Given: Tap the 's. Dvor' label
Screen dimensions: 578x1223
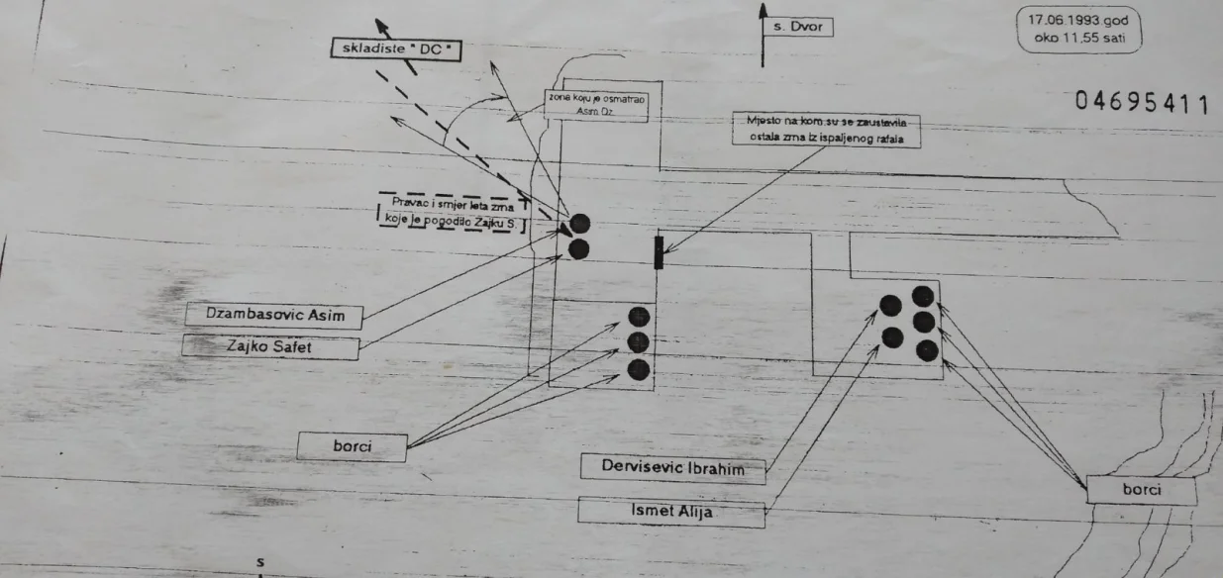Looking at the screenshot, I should tap(797, 28).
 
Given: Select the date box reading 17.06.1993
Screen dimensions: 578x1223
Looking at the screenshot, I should tap(1078, 21).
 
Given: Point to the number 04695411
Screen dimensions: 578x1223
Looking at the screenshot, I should tap(1140, 103).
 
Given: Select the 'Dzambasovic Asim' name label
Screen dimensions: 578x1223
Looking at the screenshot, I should tap(272, 316).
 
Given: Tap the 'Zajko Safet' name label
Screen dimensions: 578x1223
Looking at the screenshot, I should tap(272, 346).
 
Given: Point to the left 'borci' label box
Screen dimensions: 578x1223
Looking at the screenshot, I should tap(352, 446).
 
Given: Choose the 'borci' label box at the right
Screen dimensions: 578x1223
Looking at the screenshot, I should tap(1140, 490).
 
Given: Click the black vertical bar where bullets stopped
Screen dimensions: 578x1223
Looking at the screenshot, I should tap(659, 252).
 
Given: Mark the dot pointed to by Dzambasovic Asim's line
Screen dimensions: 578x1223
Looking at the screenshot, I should tap(579, 224).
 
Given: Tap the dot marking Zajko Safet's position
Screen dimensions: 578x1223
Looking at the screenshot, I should tap(579, 249).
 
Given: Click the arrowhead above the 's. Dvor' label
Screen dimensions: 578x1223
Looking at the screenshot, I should tap(763, 10).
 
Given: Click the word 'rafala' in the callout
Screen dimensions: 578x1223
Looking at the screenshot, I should tap(901, 141).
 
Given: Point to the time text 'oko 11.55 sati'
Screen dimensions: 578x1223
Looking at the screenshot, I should tap(1078, 40).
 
